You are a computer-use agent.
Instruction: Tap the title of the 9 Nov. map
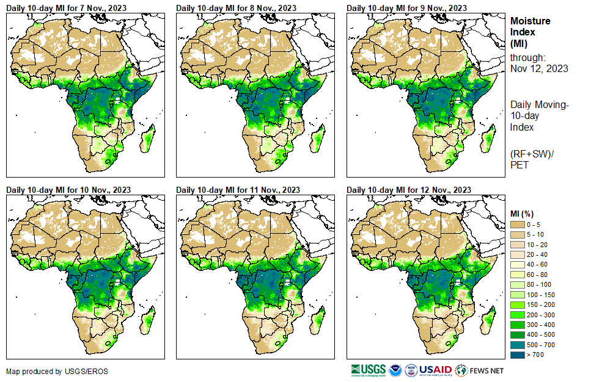click(408, 7)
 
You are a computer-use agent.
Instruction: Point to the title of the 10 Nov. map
click(70, 189)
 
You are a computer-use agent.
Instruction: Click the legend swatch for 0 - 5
click(518, 225)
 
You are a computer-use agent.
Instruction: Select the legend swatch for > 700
click(518, 354)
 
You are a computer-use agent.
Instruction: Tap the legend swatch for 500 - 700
click(518, 344)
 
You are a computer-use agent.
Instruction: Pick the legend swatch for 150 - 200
click(518, 304)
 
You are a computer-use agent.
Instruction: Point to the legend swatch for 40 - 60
click(518, 264)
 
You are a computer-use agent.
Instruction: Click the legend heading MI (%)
click(523, 213)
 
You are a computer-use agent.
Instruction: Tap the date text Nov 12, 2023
click(539, 68)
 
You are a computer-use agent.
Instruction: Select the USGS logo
click(369, 370)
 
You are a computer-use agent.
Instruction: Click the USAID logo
click(435, 370)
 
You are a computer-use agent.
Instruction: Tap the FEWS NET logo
click(480, 370)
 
